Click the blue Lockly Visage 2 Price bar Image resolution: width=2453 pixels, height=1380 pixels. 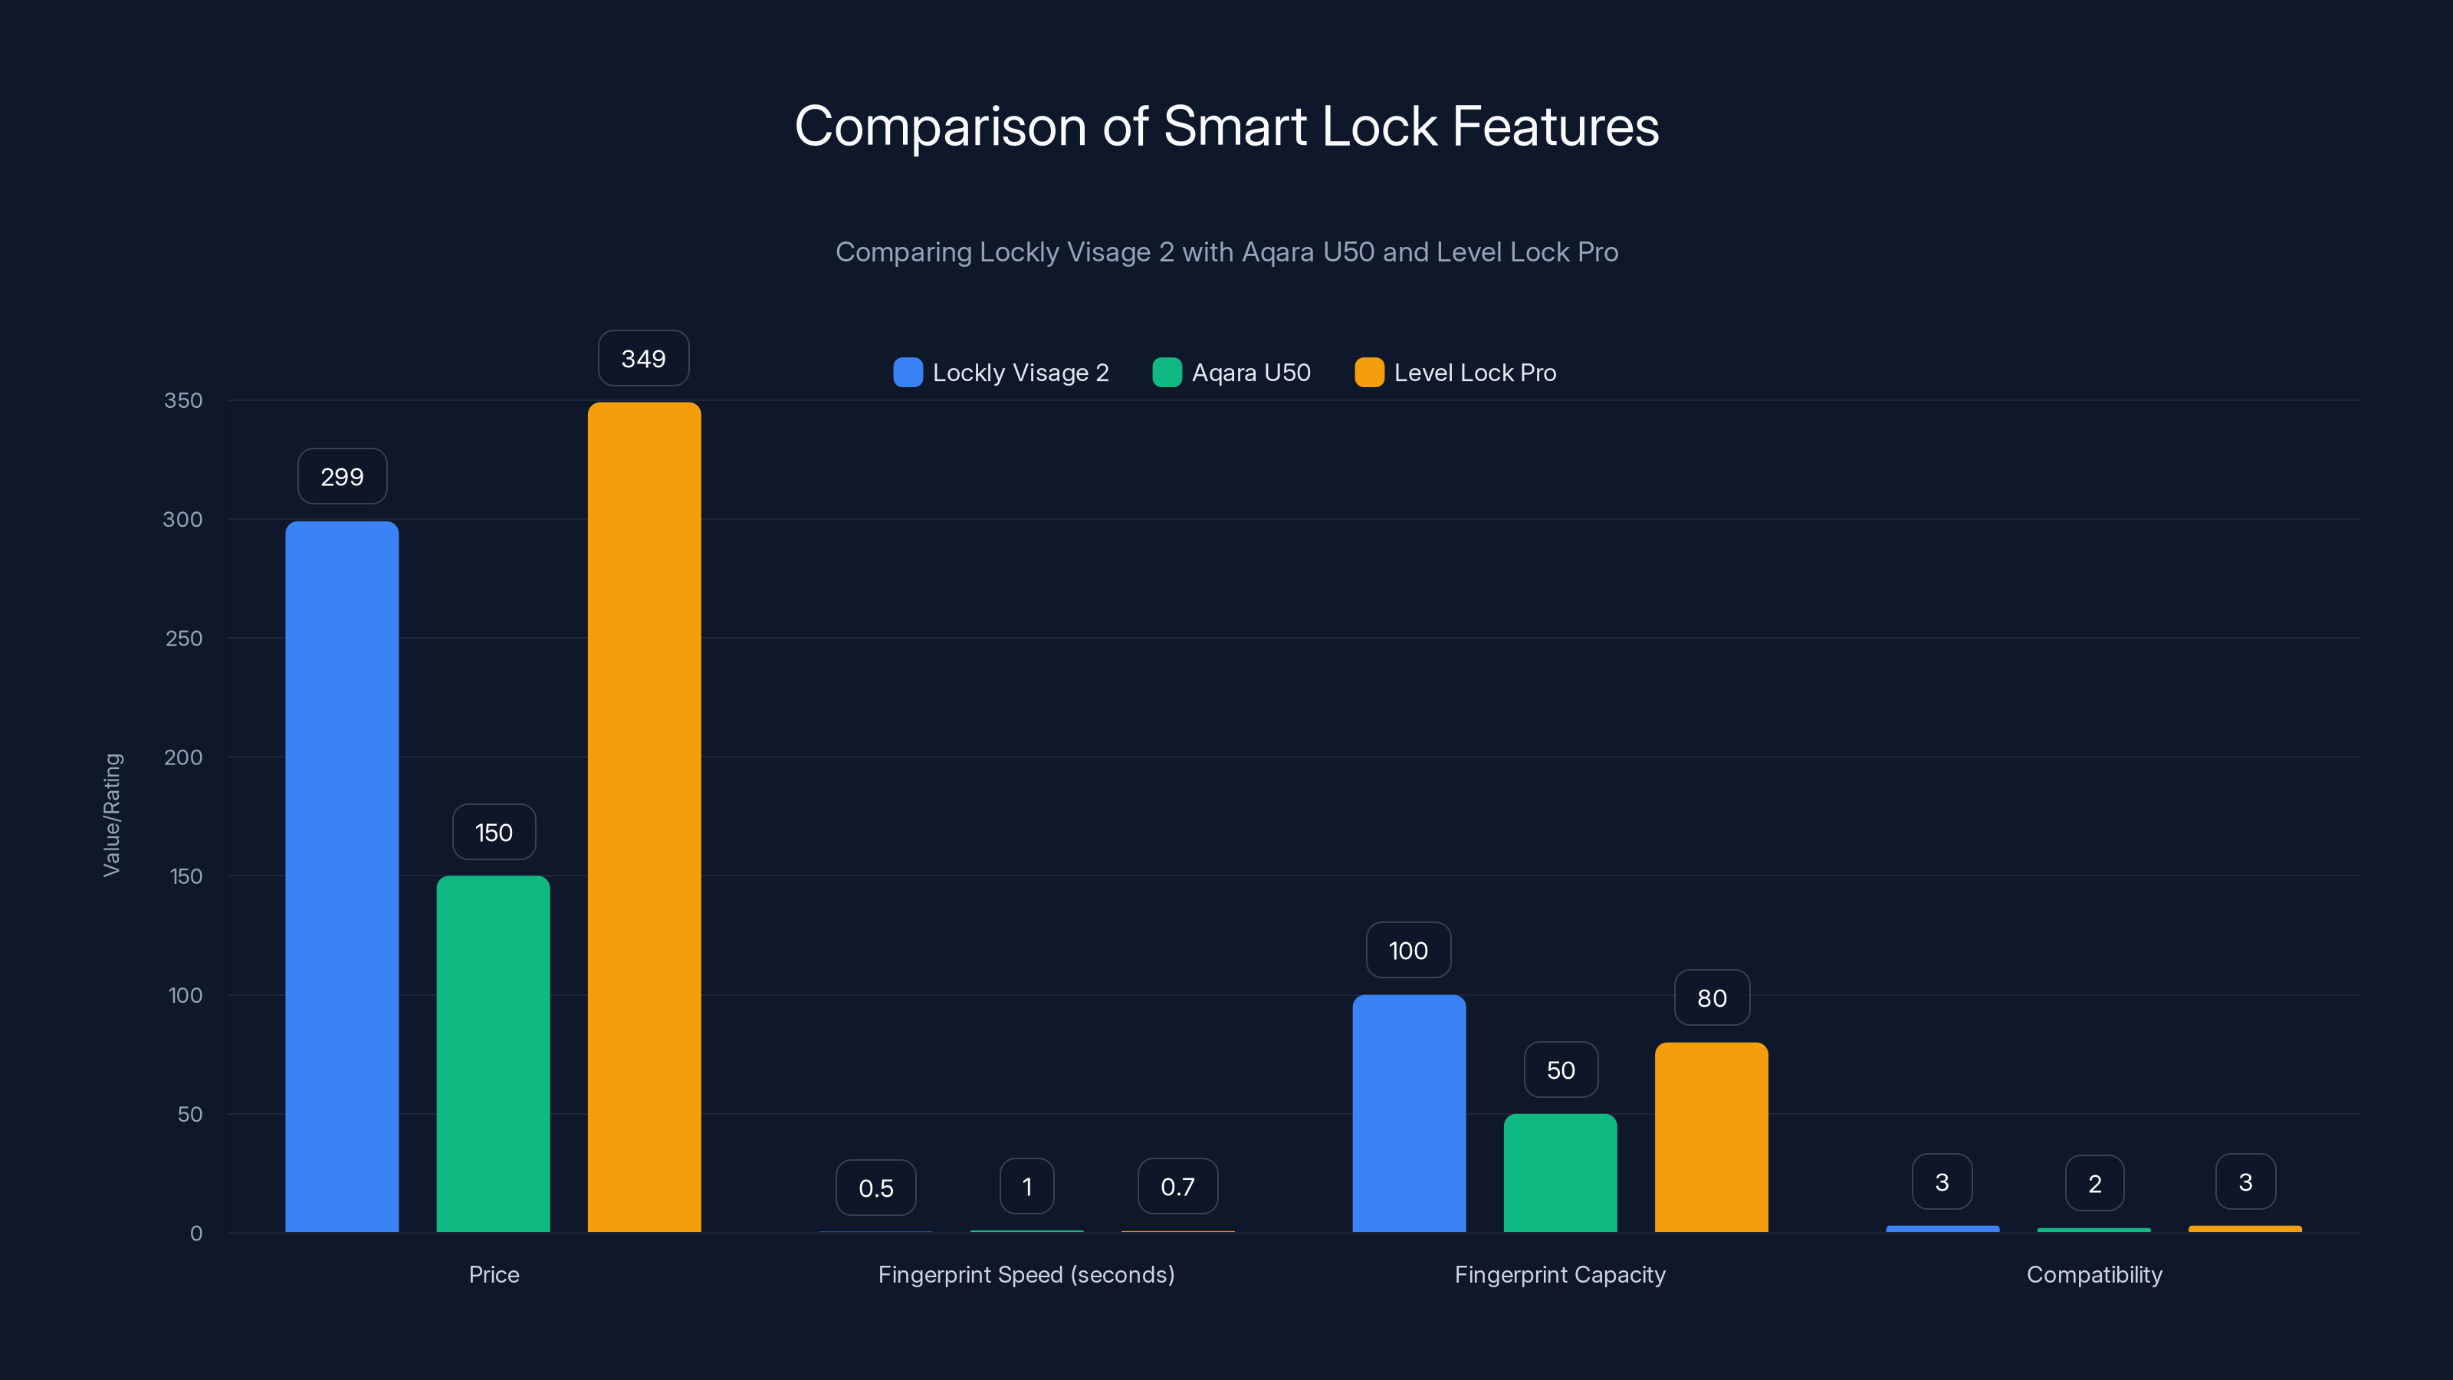(x=342, y=876)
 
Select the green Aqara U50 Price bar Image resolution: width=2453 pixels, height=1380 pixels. (x=493, y=1053)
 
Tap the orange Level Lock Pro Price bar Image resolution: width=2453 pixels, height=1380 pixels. (x=644, y=817)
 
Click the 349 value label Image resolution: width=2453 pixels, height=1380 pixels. (x=644, y=359)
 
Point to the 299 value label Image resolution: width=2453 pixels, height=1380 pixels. (x=342, y=477)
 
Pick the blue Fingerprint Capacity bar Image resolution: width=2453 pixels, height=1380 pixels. (x=1408, y=1113)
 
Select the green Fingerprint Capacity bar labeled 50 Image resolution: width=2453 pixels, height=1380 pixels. (x=1560, y=1172)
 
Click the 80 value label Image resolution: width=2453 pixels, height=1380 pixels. (x=1711, y=998)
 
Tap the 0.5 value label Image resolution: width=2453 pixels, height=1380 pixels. (x=875, y=1188)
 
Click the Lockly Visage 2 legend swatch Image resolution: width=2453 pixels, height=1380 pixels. (x=908, y=373)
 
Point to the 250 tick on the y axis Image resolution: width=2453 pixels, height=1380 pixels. (x=184, y=638)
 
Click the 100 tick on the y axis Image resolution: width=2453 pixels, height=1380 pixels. (x=185, y=995)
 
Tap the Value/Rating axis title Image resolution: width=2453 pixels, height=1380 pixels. (x=113, y=815)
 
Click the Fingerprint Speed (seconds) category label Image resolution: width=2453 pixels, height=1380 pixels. (x=1026, y=1274)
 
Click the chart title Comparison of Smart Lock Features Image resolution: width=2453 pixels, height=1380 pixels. (x=1226, y=127)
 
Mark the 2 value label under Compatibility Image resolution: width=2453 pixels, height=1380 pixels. (x=2094, y=1184)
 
